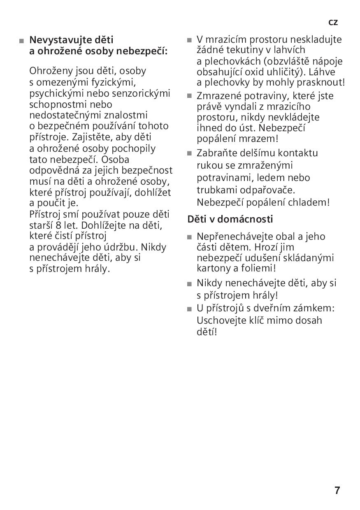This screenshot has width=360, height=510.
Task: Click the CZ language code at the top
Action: (x=333, y=23)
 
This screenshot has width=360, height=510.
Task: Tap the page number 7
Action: (x=337, y=490)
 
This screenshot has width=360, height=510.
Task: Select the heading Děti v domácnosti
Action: (x=230, y=219)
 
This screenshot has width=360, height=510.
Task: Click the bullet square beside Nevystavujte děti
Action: (x=21, y=41)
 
